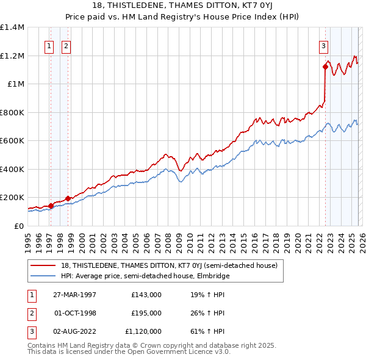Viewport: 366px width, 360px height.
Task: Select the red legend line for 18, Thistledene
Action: click(43, 265)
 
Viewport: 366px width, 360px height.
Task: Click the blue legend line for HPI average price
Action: click(43, 276)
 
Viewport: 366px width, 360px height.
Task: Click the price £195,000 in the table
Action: click(146, 313)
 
